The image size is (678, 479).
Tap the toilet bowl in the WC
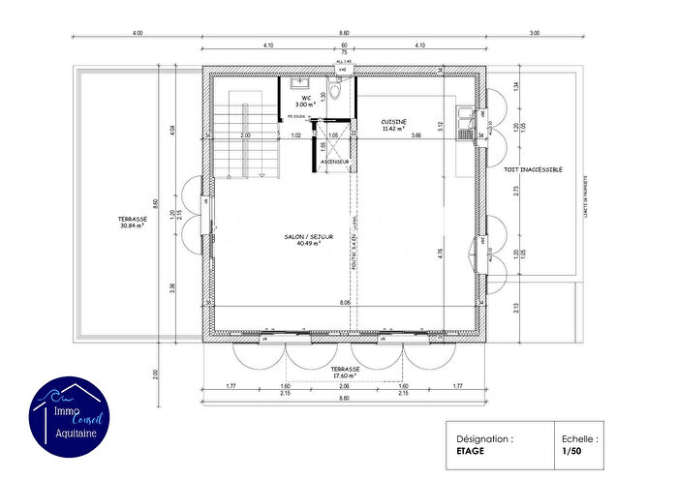coord(334,90)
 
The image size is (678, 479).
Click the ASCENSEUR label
coord(334,162)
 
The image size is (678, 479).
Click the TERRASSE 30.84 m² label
coord(132,223)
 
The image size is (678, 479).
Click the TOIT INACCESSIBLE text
coord(533,168)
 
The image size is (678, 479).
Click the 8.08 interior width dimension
coord(344,303)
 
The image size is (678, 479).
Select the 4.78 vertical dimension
coord(441,253)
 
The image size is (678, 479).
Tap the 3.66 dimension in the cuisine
coord(416,135)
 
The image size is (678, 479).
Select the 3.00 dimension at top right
coord(534,34)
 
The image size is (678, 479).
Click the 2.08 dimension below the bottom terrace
coord(345,386)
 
